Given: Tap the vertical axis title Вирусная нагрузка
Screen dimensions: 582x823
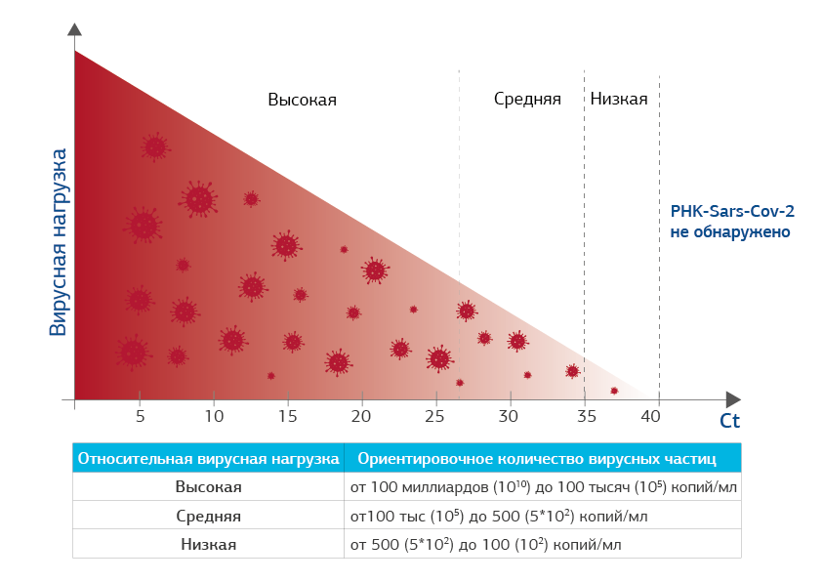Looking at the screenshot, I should pyautogui.click(x=60, y=242).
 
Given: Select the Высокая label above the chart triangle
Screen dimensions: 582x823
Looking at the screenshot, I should pyautogui.click(x=302, y=100).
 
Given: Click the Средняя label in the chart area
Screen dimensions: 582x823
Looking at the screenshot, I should pyautogui.click(x=527, y=100).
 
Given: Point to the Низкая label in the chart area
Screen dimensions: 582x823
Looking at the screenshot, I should pyautogui.click(x=619, y=100).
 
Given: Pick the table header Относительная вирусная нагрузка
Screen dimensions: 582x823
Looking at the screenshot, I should pyautogui.click(x=209, y=458).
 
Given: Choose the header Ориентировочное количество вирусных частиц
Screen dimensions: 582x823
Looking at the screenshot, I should pyautogui.click(x=537, y=458).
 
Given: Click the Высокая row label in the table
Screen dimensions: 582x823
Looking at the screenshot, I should pyautogui.click(x=209, y=486).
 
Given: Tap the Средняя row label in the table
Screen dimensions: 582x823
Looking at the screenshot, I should pyautogui.click(x=209, y=516).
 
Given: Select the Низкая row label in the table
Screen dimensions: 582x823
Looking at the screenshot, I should pyautogui.click(x=209, y=544).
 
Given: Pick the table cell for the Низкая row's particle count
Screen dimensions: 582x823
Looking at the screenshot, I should pyautogui.click(x=485, y=544).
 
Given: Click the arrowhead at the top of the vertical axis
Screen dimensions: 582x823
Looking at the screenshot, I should pyautogui.click(x=74, y=30).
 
